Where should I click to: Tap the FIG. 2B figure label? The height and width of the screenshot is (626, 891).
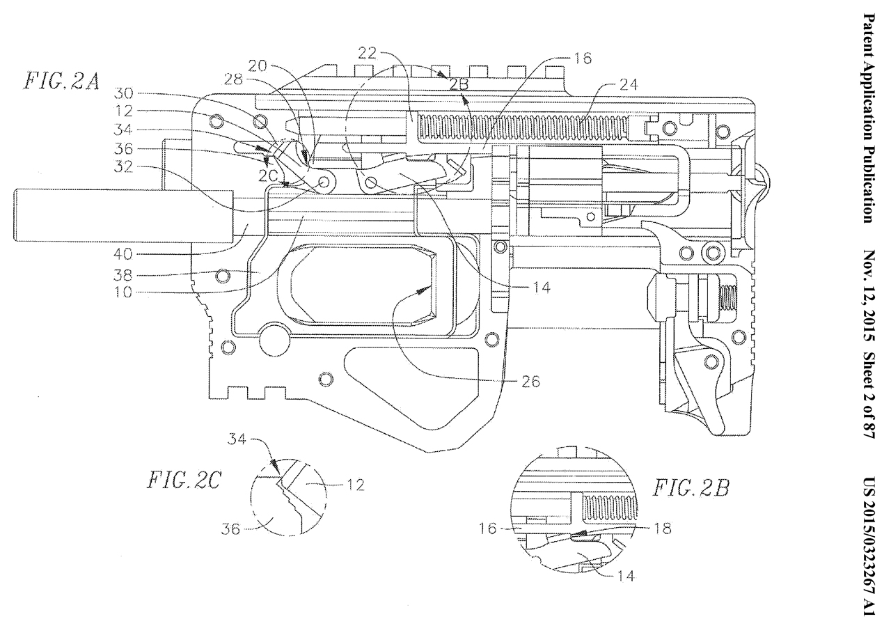click(x=689, y=487)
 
